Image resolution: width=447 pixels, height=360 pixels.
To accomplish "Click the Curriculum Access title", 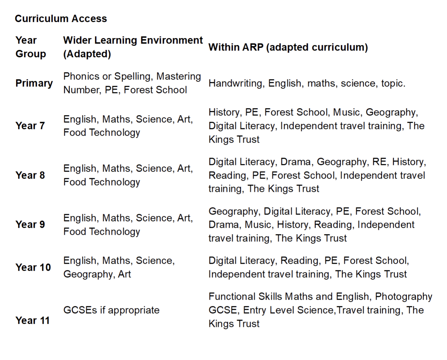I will [x=61, y=18].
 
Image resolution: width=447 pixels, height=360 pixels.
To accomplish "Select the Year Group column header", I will [x=30, y=47].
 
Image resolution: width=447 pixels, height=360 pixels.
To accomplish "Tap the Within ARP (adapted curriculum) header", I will [x=288, y=47].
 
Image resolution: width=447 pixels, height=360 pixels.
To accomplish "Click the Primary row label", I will [x=34, y=83].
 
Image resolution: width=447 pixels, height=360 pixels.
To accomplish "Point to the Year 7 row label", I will [x=30, y=126].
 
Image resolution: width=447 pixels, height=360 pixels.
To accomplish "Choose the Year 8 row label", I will [x=30, y=175].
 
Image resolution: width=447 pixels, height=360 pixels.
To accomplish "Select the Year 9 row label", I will [x=30, y=224].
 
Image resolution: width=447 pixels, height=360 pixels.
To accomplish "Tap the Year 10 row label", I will [x=33, y=267].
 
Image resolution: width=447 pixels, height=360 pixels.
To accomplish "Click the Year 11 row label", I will [x=32, y=320].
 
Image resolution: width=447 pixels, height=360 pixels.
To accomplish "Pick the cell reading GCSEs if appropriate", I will [x=111, y=310].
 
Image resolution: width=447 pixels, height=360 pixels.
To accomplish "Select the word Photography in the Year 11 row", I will [x=403, y=297].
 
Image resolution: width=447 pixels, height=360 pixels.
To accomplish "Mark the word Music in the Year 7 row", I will [x=346, y=112].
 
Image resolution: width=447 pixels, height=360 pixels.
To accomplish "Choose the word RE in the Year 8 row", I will [x=379, y=162].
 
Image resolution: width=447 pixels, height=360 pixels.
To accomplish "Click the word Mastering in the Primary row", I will [x=179, y=76].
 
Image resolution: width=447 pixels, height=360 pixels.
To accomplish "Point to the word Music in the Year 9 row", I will [x=258, y=225].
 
